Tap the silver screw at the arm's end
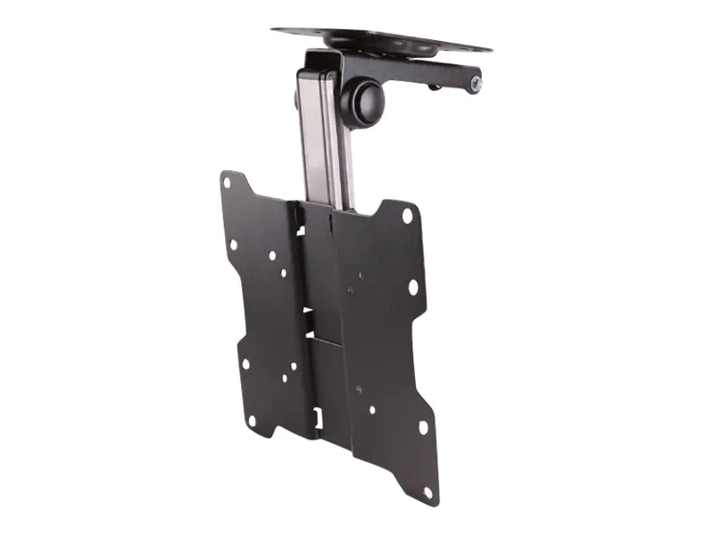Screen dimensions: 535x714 (x=476, y=85)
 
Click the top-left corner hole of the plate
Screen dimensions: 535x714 (x=227, y=184)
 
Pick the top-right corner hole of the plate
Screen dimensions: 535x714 (x=407, y=216)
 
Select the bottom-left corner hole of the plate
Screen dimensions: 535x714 (x=251, y=419)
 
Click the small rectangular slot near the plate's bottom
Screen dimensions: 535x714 (x=317, y=416)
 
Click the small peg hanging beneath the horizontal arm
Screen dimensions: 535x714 (x=435, y=86)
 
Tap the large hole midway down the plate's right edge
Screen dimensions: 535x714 (x=412, y=287)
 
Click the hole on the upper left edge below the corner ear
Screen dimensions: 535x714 (x=233, y=243)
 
